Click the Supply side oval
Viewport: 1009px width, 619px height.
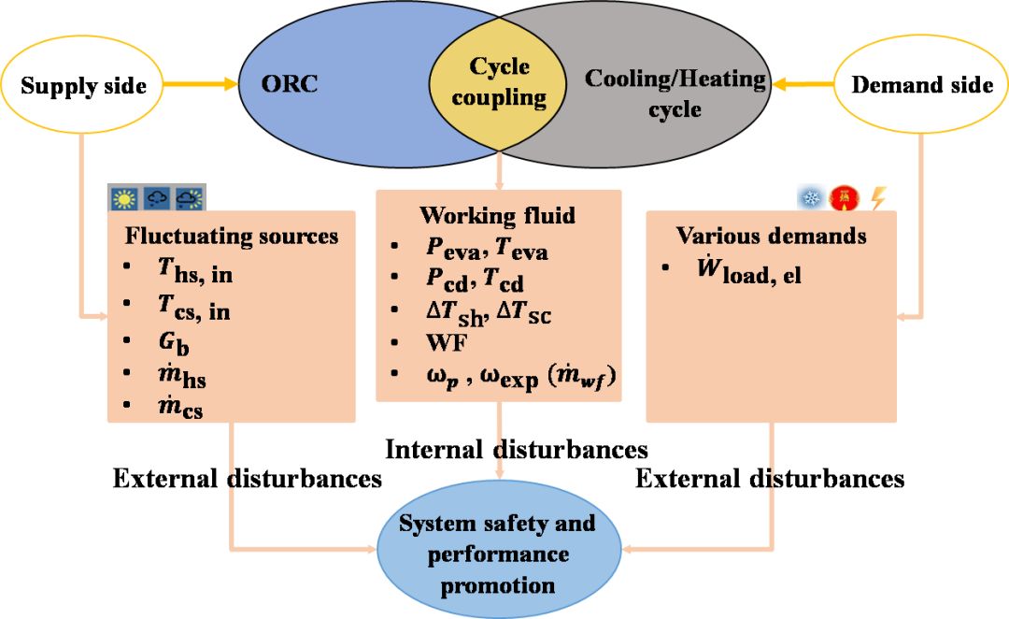pyautogui.click(x=83, y=86)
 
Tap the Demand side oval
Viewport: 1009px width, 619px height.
pyautogui.click(x=921, y=86)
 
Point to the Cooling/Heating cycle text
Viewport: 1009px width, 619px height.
pyautogui.click(x=675, y=93)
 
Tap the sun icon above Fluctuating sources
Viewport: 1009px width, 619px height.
pyautogui.click(x=123, y=199)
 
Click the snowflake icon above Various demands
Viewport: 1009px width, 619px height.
pyautogui.click(x=808, y=198)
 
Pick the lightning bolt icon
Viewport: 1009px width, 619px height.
pyautogui.click(x=878, y=198)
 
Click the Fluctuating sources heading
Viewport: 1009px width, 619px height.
pyautogui.click(x=231, y=235)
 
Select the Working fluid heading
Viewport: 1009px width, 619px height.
pyautogui.click(x=497, y=215)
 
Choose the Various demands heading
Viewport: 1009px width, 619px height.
pyautogui.click(x=771, y=235)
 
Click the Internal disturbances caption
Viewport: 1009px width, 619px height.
pyautogui.click(x=517, y=450)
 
